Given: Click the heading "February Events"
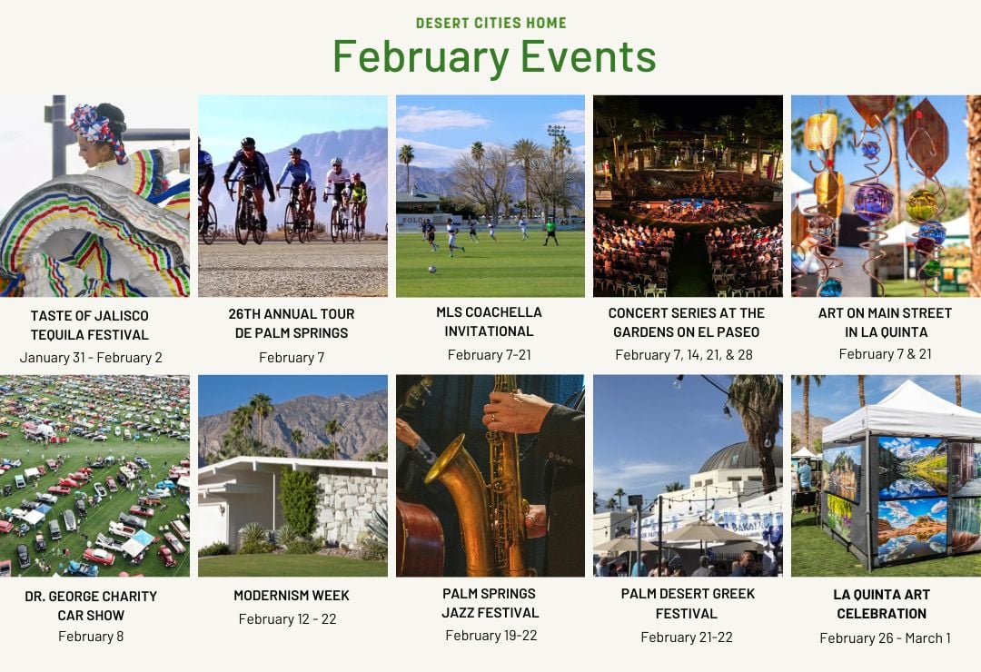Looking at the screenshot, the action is click(x=494, y=56).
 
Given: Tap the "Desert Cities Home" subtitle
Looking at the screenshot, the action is click(x=491, y=23).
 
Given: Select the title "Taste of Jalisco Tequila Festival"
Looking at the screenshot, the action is click(x=90, y=325).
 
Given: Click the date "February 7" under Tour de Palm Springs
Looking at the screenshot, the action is click(x=292, y=357).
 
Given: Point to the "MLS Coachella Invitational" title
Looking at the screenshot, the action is click(x=490, y=321).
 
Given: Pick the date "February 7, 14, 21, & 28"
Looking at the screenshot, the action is click(x=684, y=355).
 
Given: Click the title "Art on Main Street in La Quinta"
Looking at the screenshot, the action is click(x=886, y=322).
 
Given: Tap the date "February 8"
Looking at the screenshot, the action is click(x=91, y=637).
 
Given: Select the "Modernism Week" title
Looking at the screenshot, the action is click(x=292, y=596).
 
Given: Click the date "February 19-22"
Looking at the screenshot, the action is click(x=491, y=636).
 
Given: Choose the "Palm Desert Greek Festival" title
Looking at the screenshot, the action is click(x=688, y=604).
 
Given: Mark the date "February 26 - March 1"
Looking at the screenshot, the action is click(x=886, y=638).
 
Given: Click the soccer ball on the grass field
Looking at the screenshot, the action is click(x=431, y=270).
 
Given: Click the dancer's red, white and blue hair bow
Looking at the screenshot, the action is click(x=92, y=123).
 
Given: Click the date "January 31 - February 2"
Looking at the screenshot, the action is click(x=91, y=358).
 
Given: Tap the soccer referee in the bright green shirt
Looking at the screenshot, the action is click(x=550, y=231).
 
